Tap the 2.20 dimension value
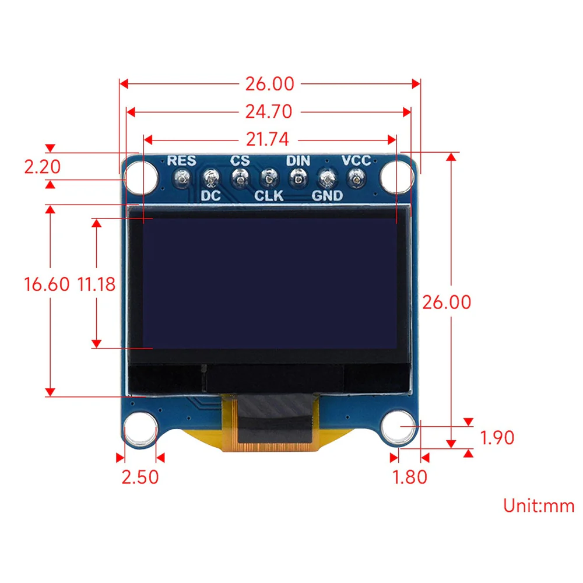tap(42, 167)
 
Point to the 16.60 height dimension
tap(47, 285)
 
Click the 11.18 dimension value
tap(96, 285)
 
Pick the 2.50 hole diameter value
tap(140, 476)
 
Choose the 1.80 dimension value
tap(410, 476)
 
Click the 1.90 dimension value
tap(496, 437)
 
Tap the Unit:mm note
tap(539, 505)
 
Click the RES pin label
tap(182, 160)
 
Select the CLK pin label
tap(269, 196)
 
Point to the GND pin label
tap(327, 196)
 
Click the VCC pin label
tap(356, 160)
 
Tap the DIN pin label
tap(298, 160)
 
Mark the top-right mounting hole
tap(396, 175)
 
